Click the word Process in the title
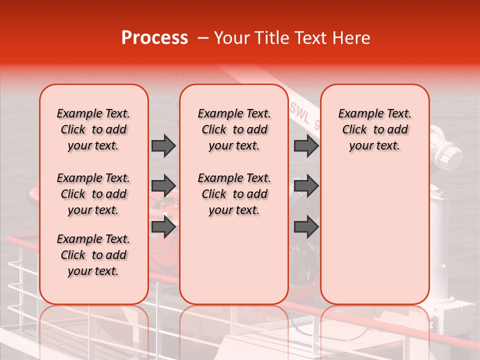tap(154, 38)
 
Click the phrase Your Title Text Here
tap(292, 38)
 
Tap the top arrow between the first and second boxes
tap(163, 145)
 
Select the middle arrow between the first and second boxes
tap(163, 186)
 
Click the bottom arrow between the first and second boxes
tap(163, 227)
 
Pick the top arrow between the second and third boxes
tap(306, 145)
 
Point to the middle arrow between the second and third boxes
tap(306, 186)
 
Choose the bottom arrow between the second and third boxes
tap(306, 227)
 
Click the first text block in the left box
tap(93, 129)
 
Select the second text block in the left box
tap(93, 194)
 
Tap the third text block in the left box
tap(93, 255)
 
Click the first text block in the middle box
tap(234, 129)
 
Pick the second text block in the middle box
tap(234, 194)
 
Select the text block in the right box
tap(374, 129)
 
